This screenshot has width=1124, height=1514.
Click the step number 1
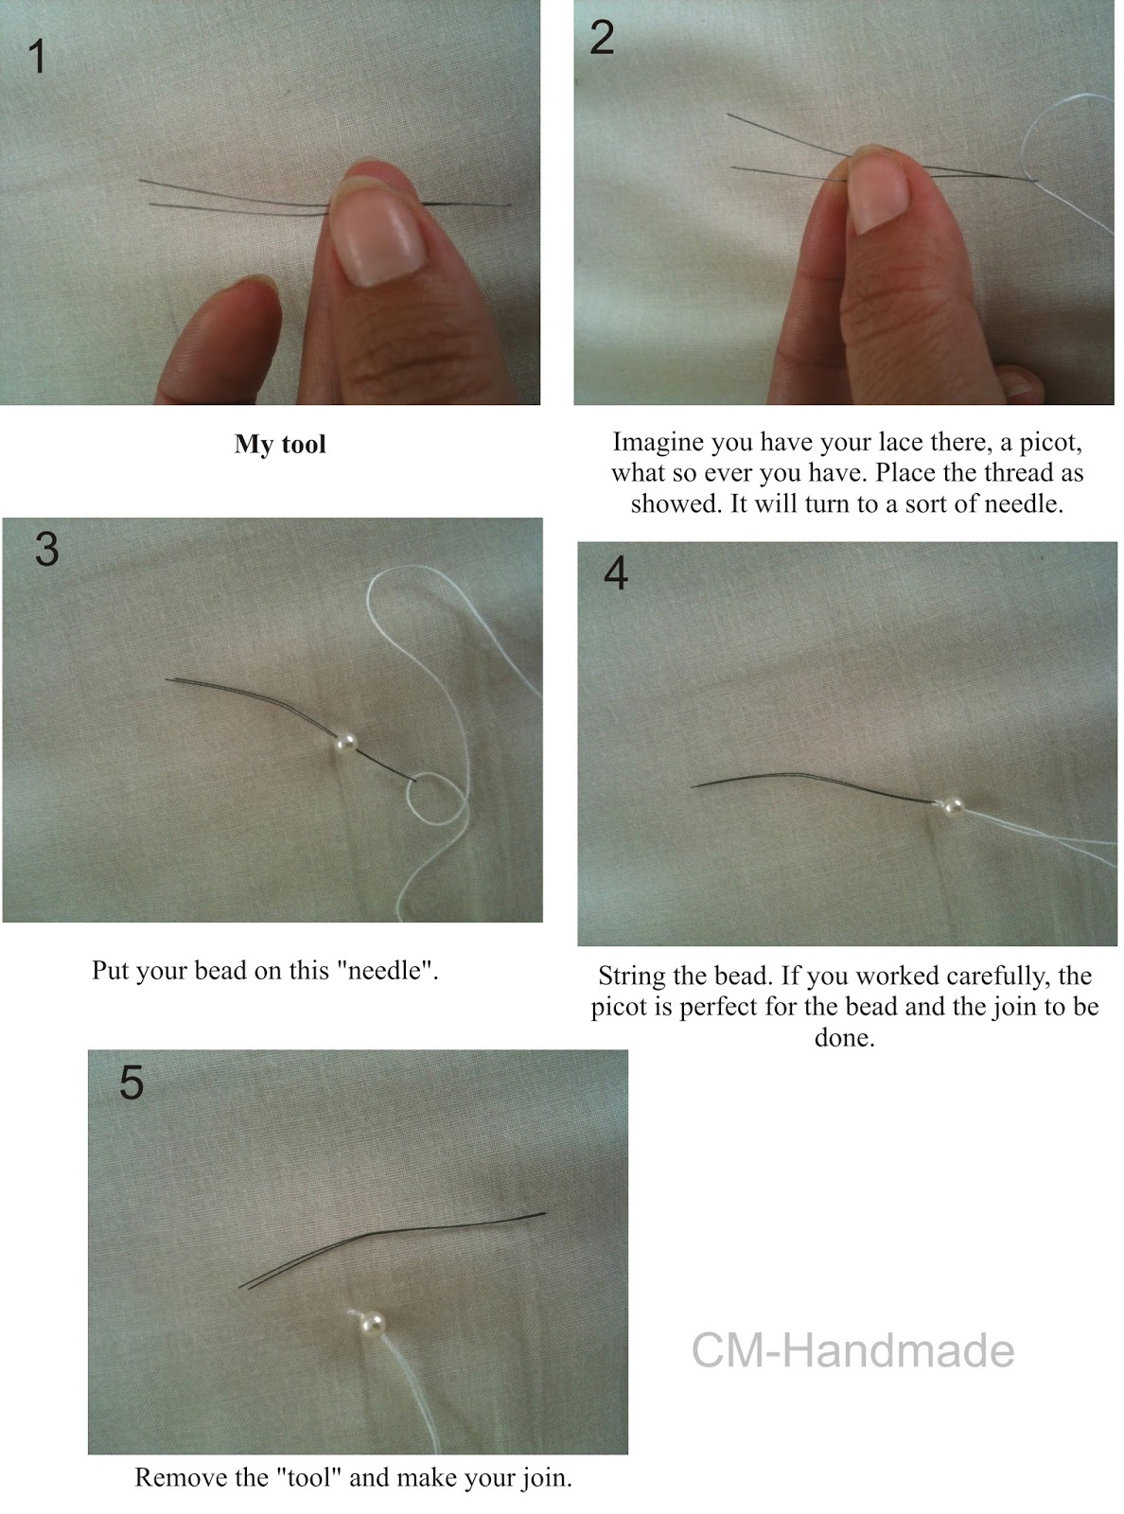[38, 56]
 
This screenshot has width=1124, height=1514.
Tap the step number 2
[602, 38]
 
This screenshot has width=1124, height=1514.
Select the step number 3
[46, 549]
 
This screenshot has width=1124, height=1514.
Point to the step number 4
[616, 572]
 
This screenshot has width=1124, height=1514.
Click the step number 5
[132, 1082]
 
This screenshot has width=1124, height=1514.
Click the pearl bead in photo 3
[346, 743]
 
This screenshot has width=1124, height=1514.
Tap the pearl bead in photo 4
[952, 807]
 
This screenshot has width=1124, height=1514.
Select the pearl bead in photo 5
[372, 1325]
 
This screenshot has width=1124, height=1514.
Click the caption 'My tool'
[280, 445]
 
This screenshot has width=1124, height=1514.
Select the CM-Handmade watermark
[852, 1350]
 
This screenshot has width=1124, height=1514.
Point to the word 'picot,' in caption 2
[1051, 443]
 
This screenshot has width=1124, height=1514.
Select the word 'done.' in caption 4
[844, 1037]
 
